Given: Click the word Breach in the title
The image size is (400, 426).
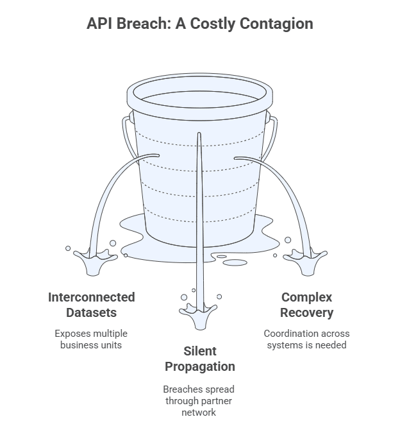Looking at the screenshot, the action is (144, 23).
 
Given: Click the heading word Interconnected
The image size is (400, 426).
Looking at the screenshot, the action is (92, 297).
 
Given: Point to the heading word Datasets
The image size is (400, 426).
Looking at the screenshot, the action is (92, 312).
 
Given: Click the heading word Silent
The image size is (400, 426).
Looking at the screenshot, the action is (200, 351).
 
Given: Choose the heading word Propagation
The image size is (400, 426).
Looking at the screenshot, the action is (200, 367).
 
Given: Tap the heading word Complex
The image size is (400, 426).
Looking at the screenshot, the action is (306, 298).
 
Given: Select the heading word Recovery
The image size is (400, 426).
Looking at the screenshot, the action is (306, 313).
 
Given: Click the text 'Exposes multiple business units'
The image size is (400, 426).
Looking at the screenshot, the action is (91, 339).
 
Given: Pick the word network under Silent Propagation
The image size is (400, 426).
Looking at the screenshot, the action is (199, 413).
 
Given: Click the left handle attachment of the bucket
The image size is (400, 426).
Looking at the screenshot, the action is (131, 117).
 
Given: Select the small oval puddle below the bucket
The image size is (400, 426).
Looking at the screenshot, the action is (235, 262).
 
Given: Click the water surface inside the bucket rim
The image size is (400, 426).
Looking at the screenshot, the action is (200, 99).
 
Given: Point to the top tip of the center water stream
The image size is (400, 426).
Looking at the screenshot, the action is (199, 133).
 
